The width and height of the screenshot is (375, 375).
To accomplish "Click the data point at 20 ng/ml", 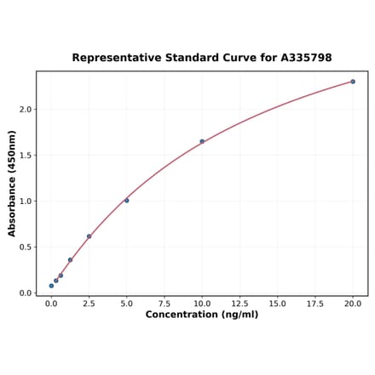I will coord(353,82).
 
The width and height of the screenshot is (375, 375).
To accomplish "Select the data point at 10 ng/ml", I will coord(202,141).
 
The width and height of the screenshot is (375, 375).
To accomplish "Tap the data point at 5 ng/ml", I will coord(127,201).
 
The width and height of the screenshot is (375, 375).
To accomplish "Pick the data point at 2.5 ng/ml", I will coord(89,236).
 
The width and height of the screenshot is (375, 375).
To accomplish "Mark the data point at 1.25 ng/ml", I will coord(70,260).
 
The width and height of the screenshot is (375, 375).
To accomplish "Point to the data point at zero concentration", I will coord(51,286).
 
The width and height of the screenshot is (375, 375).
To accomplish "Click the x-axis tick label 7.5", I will coord(164,304).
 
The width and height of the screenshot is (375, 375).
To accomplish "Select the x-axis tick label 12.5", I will coord(239,304).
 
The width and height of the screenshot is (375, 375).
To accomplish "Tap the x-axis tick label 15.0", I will coord(277,304).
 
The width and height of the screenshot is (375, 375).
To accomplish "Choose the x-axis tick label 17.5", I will coord(315,304).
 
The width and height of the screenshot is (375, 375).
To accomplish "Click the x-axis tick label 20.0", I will coord(353,304).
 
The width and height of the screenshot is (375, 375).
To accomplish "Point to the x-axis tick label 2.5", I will coord(89,304).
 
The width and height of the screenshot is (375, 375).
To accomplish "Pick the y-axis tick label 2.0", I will coord(25,110).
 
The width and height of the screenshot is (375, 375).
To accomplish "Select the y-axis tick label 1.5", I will coord(25,156).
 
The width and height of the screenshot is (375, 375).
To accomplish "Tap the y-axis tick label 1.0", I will coord(25,202).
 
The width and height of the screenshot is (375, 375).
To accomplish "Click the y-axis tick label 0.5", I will coord(25,247).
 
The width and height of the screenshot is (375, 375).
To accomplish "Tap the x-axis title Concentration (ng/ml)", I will coord(202,315).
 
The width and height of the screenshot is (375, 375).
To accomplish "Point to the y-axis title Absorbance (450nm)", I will coord(12,183).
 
